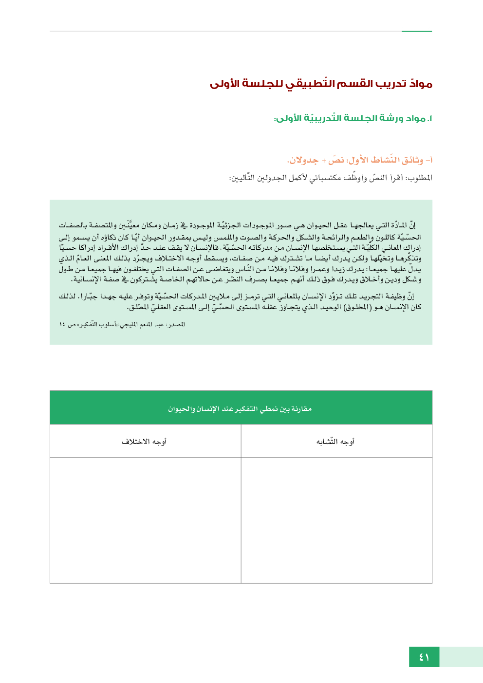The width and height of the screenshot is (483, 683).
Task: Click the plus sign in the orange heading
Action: tap(324, 160)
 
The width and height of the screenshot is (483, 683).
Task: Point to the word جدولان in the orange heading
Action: tap(303, 160)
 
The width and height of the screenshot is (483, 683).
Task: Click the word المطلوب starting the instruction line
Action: tap(419, 178)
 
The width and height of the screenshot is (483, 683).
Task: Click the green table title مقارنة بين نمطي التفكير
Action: tap(240, 408)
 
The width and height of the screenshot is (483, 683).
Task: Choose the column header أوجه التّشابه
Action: tap(335, 442)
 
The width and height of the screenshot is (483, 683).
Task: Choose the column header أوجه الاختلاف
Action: tap(144, 442)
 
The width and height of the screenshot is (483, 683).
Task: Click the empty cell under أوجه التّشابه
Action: tap(336, 520)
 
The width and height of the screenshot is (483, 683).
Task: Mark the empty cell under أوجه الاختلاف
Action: tap(145, 520)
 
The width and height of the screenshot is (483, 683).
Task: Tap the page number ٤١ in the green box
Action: tap(424, 657)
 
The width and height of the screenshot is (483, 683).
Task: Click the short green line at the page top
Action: tap(416, 32)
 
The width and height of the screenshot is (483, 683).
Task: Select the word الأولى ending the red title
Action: tap(224, 84)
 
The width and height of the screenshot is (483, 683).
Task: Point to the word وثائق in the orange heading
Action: tap(412, 160)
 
